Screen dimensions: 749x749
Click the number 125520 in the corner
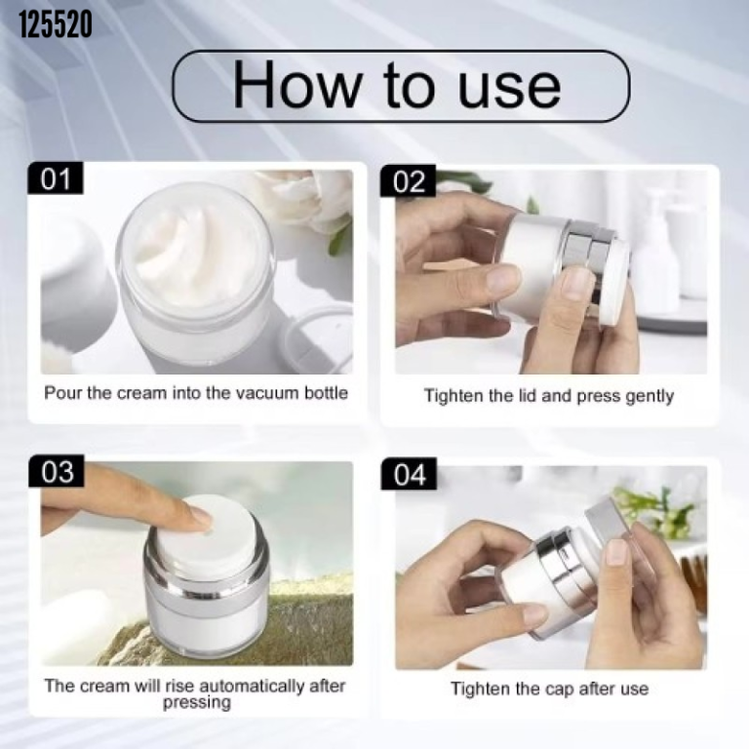point(56,24)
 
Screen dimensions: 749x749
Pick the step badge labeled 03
point(58,472)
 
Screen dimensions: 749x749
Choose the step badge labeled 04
point(412,475)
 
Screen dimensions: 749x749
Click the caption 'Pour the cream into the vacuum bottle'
point(196,393)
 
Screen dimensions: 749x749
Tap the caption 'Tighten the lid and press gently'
point(549,396)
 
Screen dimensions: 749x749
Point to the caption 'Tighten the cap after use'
point(549,689)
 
